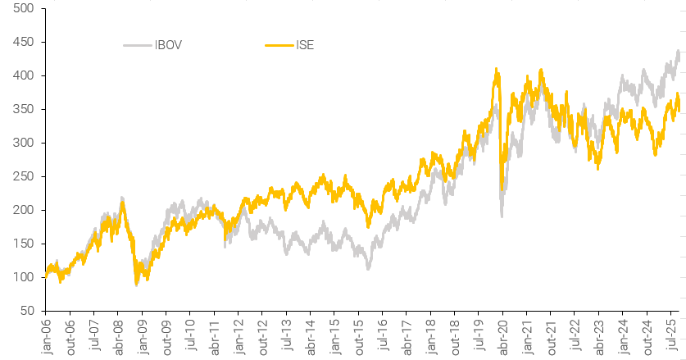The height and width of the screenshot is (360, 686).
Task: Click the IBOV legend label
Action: tap(168, 45)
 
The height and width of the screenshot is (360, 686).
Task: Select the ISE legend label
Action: tap(304, 45)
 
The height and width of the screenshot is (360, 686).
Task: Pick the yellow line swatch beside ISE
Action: tap(279, 45)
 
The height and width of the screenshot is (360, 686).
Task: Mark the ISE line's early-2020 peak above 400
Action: tap(496, 70)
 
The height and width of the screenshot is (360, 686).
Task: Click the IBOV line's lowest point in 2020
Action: tap(502, 216)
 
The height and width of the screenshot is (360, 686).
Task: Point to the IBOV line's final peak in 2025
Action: tap(678, 52)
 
